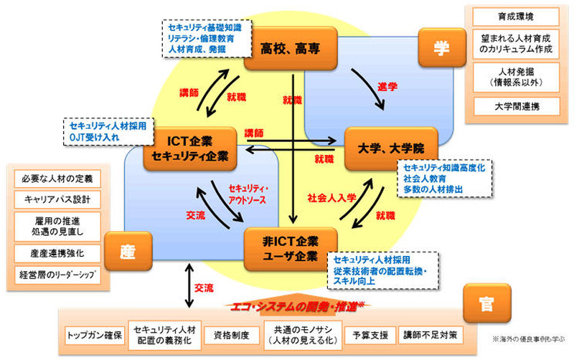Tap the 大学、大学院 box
tap(390, 148)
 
